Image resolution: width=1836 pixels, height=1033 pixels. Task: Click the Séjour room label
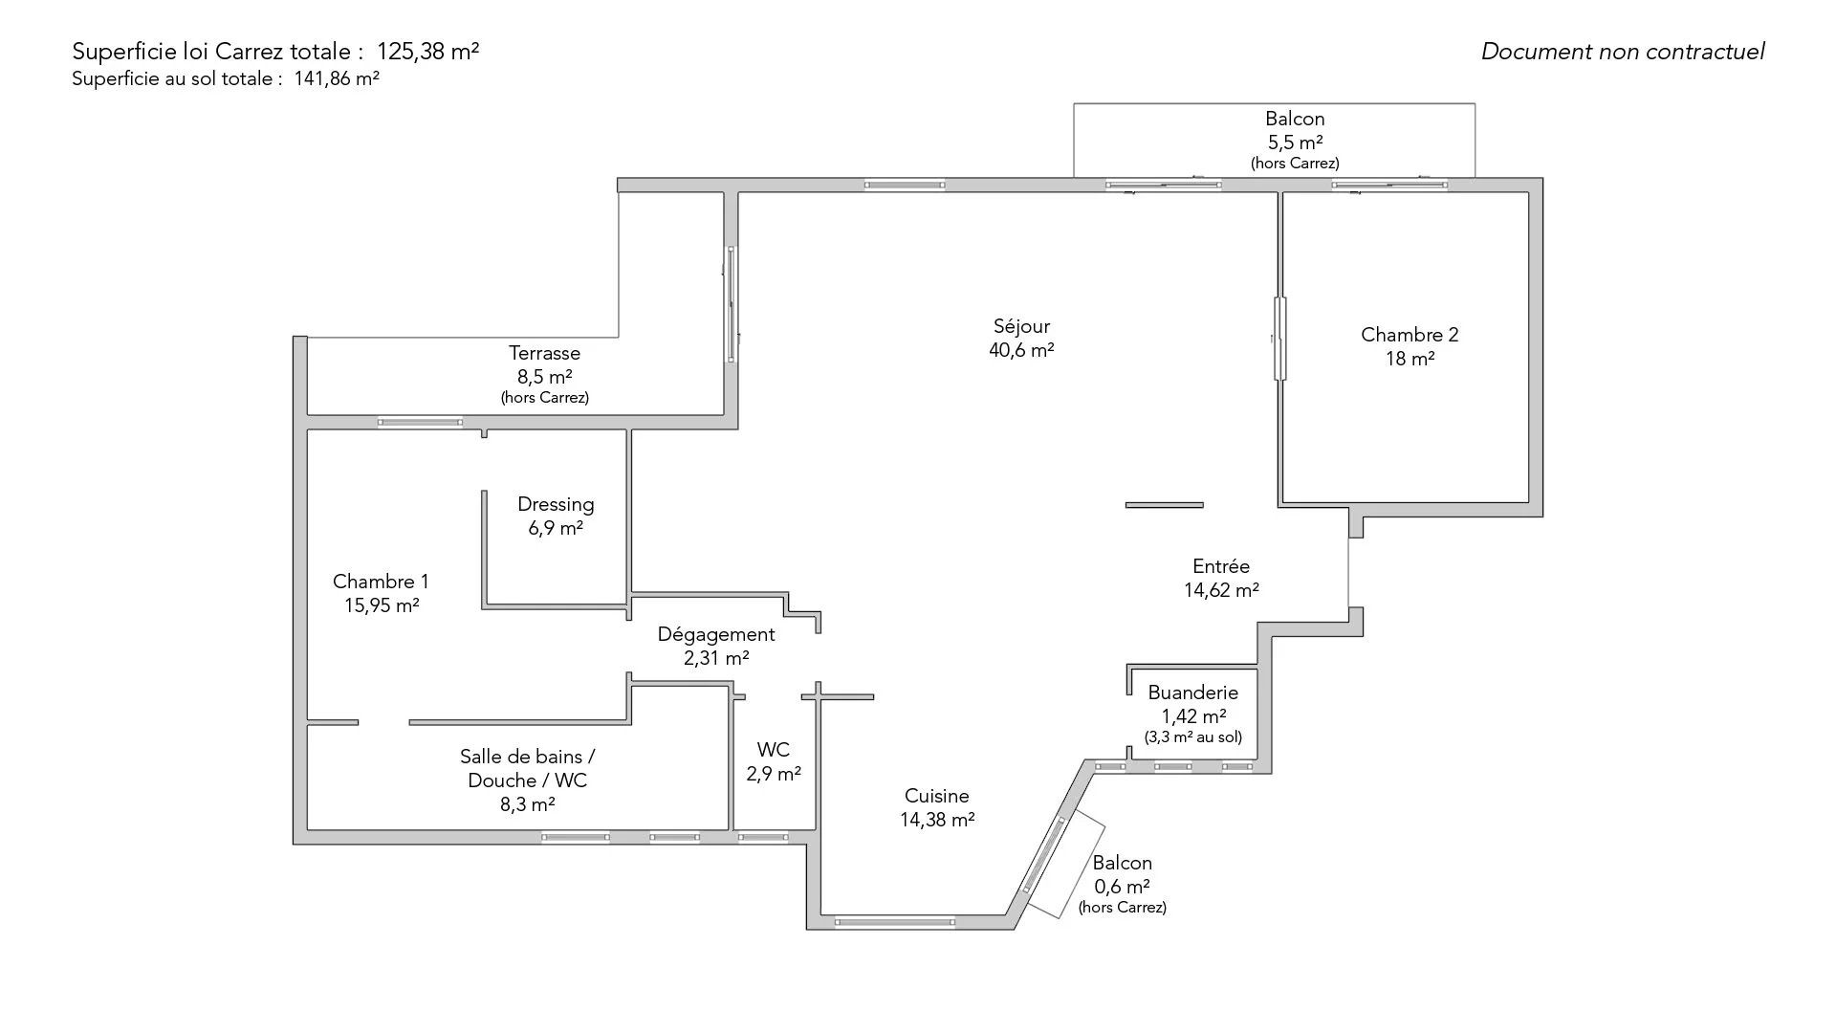pos(1021,326)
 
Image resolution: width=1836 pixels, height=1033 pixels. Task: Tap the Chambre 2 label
pos(1410,335)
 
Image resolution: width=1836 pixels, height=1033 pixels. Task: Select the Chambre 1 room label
pos(381,582)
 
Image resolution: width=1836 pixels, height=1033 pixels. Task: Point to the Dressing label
pos(556,504)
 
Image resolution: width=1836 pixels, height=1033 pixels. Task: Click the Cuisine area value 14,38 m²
pos(937,820)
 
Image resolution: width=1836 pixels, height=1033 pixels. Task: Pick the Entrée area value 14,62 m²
pos(1221,590)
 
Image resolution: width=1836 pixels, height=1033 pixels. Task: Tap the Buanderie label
pos(1192,692)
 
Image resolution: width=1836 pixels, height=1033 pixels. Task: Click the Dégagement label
pos(716,634)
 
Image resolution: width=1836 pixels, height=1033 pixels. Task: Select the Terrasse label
pos(544,353)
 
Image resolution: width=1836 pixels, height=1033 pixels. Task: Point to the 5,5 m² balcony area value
pos(1295,143)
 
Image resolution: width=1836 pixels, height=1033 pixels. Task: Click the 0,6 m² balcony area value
pos(1122,887)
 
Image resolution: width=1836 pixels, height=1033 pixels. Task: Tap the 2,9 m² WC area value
pos(774,774)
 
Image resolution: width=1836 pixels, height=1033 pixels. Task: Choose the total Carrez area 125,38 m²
pos(427,52)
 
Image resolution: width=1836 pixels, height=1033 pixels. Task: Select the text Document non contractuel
pos(1623,52)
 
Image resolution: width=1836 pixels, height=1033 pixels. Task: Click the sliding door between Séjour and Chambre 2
pos(1279,339)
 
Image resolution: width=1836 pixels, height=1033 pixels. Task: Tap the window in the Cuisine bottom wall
pos(894,923)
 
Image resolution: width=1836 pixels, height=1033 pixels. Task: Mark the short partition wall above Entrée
pos(1164,505)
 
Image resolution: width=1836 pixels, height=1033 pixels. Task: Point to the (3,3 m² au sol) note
pos(1192,737)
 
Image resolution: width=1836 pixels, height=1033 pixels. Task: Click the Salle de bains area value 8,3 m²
pos(527,804)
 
